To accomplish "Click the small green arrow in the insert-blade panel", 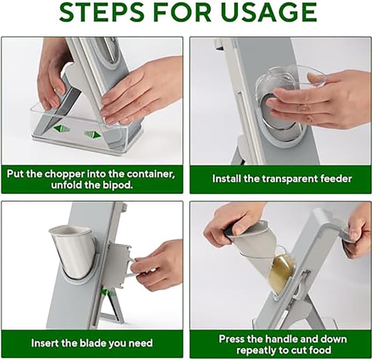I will [x=104, y=292].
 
